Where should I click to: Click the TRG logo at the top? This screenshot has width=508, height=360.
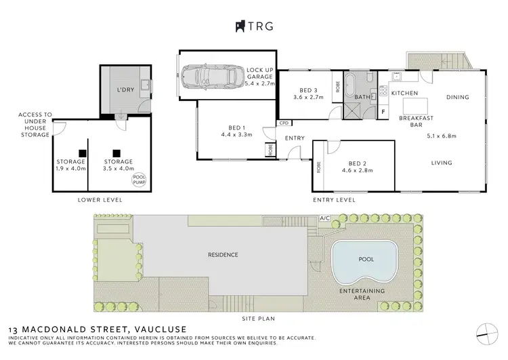point(253,26)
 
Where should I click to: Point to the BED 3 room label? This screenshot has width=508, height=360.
point(308,91)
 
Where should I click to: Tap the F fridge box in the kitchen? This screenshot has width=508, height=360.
point(383,111)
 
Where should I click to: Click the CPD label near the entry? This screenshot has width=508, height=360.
point(283,123)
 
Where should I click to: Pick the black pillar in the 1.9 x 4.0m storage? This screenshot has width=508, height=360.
point(82,153)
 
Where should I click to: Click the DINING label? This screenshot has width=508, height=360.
point(457,98)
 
